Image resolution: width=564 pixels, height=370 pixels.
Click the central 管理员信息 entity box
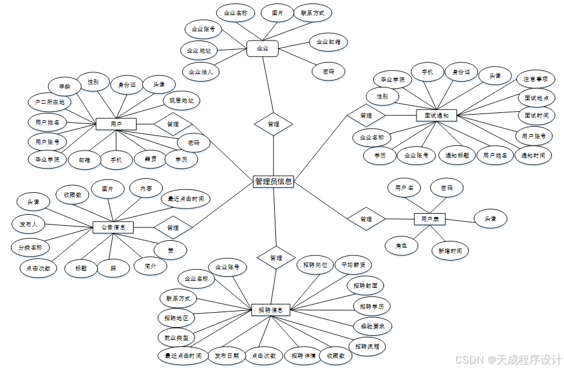click(274, 182)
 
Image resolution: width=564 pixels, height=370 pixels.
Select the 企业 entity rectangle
click(263, 49)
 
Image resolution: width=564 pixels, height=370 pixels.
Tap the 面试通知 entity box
click(436, 115)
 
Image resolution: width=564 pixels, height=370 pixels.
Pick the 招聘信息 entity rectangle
click(270, 310)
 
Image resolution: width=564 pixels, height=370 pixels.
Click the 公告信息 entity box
click(113, 227)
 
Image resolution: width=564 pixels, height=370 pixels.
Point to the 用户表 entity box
click(430, 219)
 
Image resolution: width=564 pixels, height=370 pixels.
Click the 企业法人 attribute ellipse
click(200, 72)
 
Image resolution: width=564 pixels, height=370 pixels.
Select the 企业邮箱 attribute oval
click(328, 42)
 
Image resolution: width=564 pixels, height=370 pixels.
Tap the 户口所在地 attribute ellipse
click(49, 102)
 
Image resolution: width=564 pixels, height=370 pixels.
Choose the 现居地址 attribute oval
click(181, 101)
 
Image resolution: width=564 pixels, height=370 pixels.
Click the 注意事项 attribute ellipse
click(535, 79)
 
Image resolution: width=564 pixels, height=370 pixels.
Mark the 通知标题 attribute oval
click(457, 155)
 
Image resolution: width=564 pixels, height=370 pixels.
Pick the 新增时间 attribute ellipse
click(449, 251)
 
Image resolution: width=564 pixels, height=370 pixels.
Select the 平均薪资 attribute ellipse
click(353, 265)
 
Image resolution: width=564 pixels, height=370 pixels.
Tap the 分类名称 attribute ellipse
click(31, 248)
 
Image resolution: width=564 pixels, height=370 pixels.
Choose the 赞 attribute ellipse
click(170, 250)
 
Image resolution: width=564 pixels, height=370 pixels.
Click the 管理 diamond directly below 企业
click(274, 124)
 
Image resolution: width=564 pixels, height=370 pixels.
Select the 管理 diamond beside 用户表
click(366, 219)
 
